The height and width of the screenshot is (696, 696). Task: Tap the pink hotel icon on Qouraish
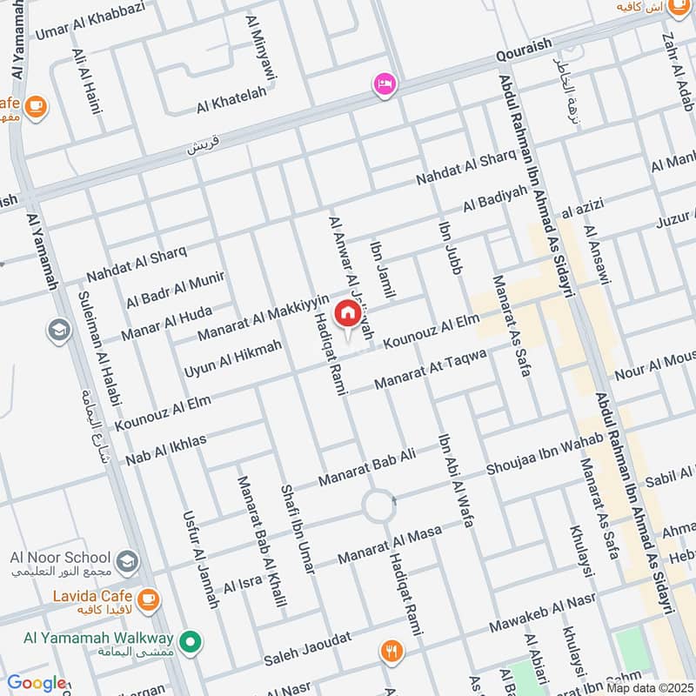tap(384, 84)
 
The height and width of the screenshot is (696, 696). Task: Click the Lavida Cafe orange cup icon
tap(149, 598)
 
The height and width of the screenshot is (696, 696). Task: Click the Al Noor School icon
tap(127, 558)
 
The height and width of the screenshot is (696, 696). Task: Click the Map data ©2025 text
tap(650, 687)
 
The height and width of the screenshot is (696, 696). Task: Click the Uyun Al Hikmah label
tap(233, 358)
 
